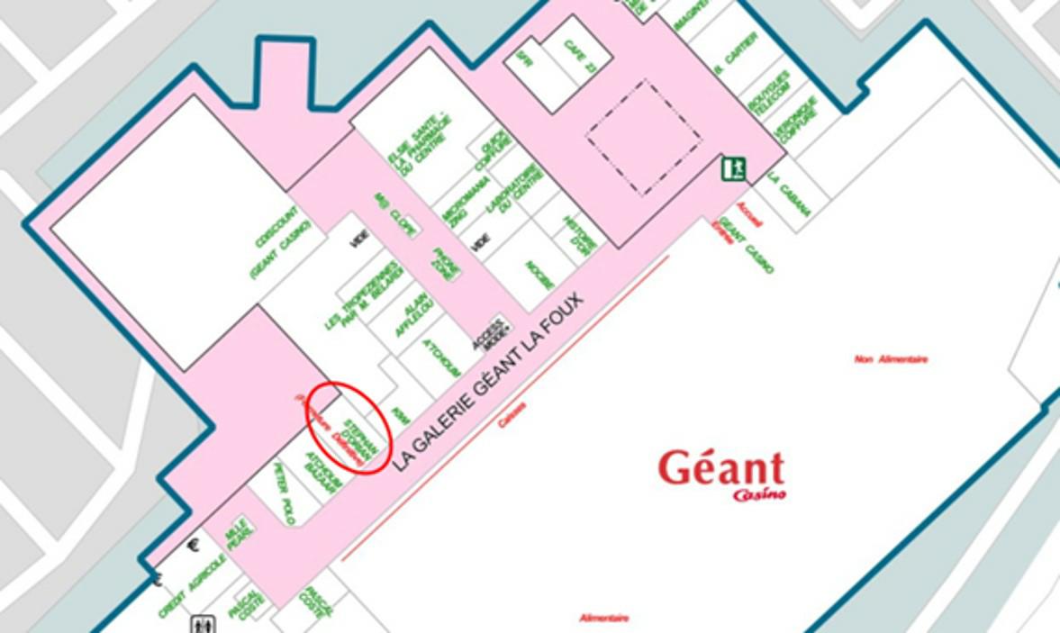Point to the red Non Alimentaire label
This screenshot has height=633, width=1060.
(x=891, y=359)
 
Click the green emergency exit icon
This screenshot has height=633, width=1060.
(x=732, y=168)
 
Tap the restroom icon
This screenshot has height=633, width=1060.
(x=201, y=623)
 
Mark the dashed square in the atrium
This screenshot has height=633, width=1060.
(x=643, y=137)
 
